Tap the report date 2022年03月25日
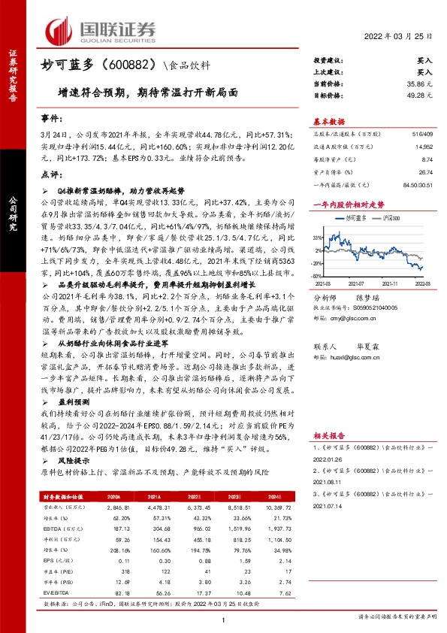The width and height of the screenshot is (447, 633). (x=399, y=37)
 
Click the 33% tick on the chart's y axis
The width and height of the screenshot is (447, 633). (x=318, y=236)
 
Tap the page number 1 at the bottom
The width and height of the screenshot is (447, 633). (x=224, y=619)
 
